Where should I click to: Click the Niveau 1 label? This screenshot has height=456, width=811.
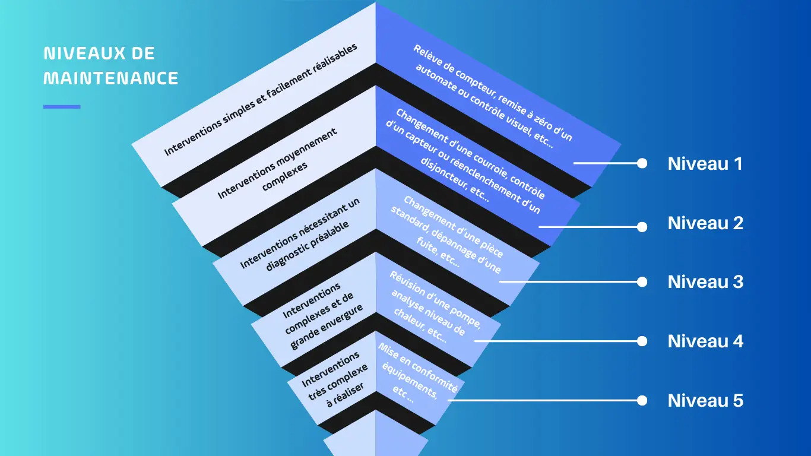point(705,164)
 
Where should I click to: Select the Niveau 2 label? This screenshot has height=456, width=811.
point(705,223)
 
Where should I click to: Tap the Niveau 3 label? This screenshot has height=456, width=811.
point(705,282)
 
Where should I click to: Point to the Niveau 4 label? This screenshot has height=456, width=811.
point(705,341)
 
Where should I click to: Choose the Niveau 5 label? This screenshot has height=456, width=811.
point(705,401)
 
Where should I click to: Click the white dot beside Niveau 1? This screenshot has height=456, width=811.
point(642,163)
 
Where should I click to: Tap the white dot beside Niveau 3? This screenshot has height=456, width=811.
point(642,282)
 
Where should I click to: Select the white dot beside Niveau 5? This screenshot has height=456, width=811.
point(642,401)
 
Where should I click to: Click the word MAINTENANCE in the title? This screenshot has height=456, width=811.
point(111,78)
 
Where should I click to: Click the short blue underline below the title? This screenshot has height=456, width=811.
point(62,107)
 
